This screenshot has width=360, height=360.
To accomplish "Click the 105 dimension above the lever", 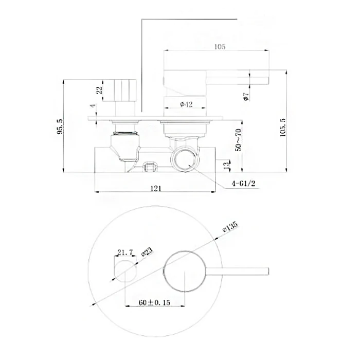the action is tap(220, 47).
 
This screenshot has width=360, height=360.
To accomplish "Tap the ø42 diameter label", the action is tap(186, 104).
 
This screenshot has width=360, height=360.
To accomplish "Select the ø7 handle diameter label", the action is tap(246, 97).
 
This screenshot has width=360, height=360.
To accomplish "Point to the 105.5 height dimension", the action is tap(283, 128).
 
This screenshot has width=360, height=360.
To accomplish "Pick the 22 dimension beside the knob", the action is tap(99, 90).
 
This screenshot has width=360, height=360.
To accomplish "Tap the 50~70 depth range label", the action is tap(239, 140).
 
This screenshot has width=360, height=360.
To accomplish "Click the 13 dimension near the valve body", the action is tap(227, 165).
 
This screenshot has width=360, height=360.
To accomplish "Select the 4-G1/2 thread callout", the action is tap(244, 184).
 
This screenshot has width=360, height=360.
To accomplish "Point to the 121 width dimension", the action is tap(156, 189).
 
